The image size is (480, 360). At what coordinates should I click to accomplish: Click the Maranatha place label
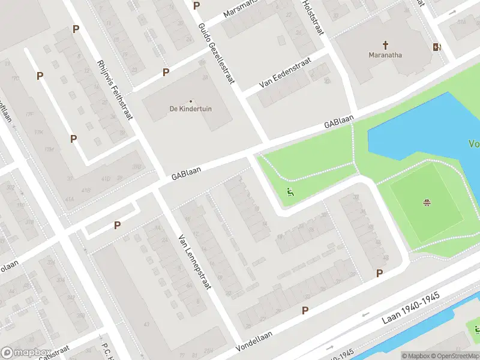click(x=385, y=55)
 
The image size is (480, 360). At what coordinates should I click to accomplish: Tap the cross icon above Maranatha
click(x=385, y=44)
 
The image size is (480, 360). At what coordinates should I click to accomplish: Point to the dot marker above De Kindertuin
click(x=191, y=101)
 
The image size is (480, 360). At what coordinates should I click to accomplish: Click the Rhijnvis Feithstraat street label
click(x=113, y=89)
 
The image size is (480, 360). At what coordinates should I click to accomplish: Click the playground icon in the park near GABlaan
click(x=290, y=193)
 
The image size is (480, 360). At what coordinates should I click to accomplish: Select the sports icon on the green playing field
click(x=427, y=203)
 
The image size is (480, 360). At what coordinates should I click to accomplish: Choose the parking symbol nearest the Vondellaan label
click(x=305, y=310)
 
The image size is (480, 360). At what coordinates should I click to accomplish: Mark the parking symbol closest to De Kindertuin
click(x=166, y=72)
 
